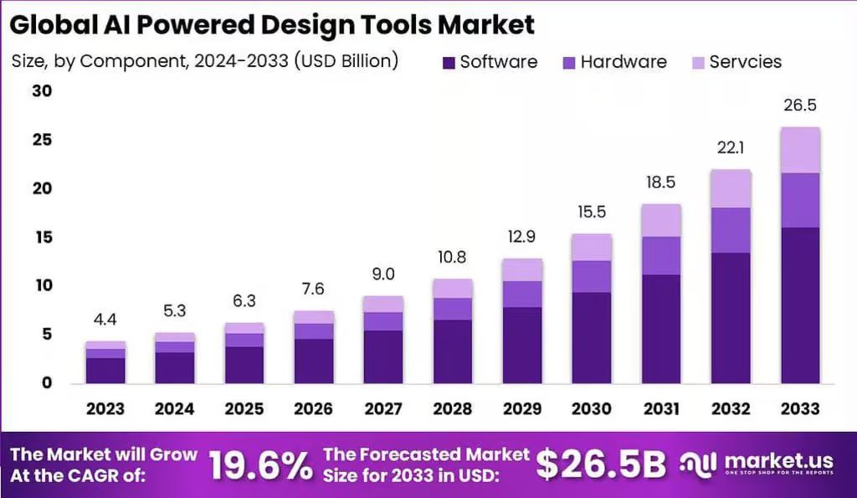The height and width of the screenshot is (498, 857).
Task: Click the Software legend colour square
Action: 449,62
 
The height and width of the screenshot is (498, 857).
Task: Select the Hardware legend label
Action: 624,62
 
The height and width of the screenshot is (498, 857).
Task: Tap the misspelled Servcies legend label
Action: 746,62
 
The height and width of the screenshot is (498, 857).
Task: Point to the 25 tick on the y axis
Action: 42,140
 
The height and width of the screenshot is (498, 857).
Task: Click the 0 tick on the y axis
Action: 47,382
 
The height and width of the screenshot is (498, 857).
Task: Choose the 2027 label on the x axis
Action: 383,408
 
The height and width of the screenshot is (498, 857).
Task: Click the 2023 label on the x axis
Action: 105,408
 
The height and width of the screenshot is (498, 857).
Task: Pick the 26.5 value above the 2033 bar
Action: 800,105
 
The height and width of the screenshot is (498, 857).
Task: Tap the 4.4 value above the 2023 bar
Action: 105,319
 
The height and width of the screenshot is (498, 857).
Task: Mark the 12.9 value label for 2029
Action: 522,237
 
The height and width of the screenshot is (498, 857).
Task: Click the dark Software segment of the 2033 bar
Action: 801,305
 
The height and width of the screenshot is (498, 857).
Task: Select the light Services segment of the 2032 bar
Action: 731,188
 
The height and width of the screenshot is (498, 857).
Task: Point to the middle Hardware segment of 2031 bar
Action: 661,256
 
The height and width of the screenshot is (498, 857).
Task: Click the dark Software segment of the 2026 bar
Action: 314,361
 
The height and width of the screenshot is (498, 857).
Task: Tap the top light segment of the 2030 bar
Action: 592,248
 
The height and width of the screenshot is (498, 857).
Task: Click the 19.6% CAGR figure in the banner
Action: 261,465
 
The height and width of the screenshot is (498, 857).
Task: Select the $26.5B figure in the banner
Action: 601,465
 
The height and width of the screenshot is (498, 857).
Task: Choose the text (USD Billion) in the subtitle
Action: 346,60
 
